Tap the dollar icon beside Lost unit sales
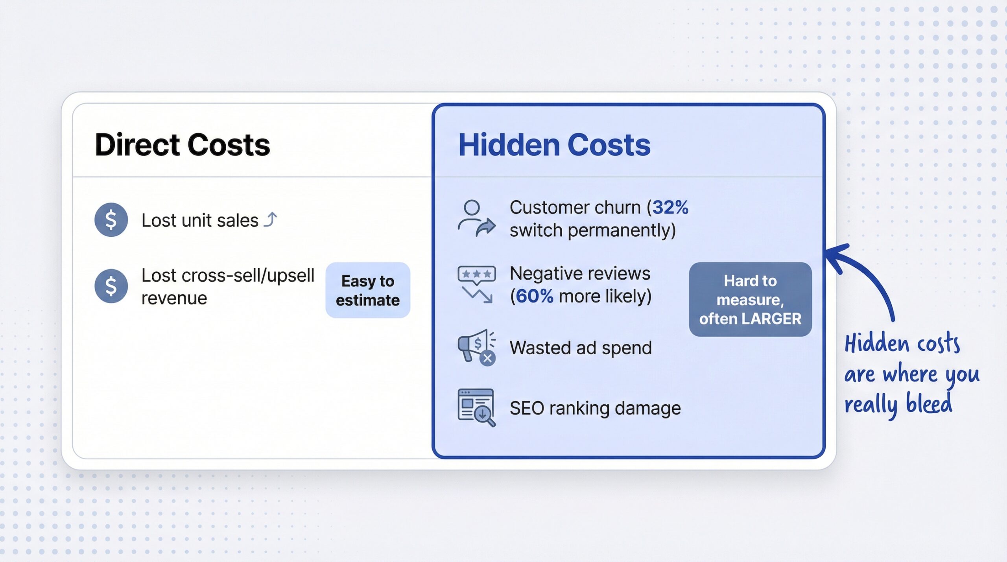click(111, 219)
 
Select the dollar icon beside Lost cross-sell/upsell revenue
click(111, 286)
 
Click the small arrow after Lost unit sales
click(271, 219)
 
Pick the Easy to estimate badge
click(368, 290)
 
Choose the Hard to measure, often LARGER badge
click(750, 299)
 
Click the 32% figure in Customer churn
click(670, 207)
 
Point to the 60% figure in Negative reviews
click(534, 296)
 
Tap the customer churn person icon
click(476, 218)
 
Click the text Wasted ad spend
click(581, 348)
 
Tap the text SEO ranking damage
click(595, 408)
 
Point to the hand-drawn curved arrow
click(865, 275)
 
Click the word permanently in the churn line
click(622, 230)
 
